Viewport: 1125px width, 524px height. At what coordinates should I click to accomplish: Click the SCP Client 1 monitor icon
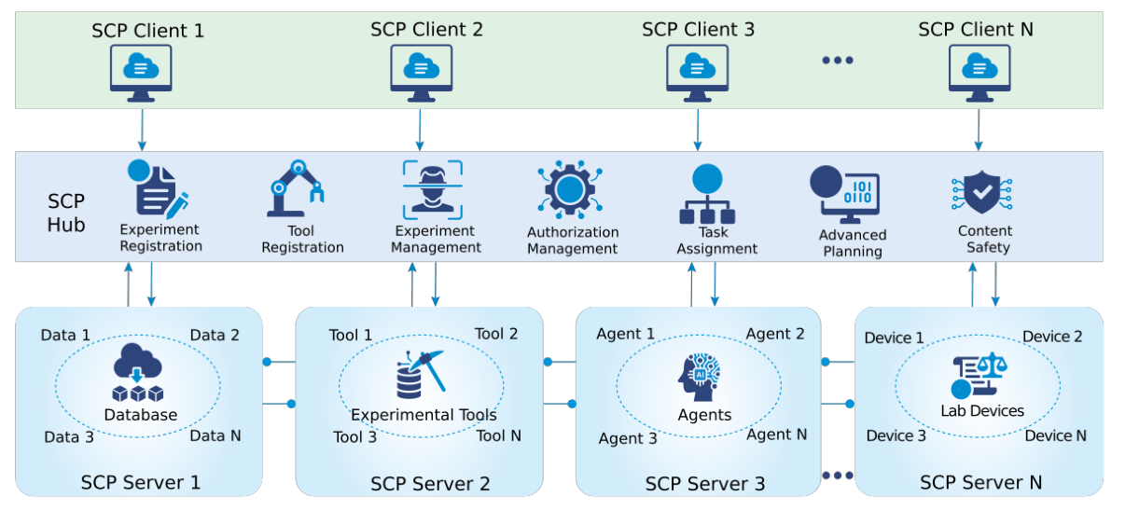pos(141,71)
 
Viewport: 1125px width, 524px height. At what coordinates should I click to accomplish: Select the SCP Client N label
pos(976,29)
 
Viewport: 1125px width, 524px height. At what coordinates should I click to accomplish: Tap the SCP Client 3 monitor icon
pos(697,71)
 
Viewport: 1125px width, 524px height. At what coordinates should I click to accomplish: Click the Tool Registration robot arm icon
pos(297,188)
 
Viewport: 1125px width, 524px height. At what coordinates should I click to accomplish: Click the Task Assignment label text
pos(716,241)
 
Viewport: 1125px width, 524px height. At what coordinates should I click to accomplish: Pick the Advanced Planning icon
pos(844,194)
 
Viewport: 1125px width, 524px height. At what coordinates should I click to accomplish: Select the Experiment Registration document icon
pos(160,189)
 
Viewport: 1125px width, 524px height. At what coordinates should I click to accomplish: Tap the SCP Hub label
pos(66,214)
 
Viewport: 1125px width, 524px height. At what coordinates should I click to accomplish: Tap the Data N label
pos(215,435)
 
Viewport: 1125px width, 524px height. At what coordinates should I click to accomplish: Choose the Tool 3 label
pos(354,436)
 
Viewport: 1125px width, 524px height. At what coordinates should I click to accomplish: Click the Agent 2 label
pos(775,334)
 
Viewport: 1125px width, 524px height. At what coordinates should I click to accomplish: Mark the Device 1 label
pos(894,338)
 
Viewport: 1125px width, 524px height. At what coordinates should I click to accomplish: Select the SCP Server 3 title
pos(704,484)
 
